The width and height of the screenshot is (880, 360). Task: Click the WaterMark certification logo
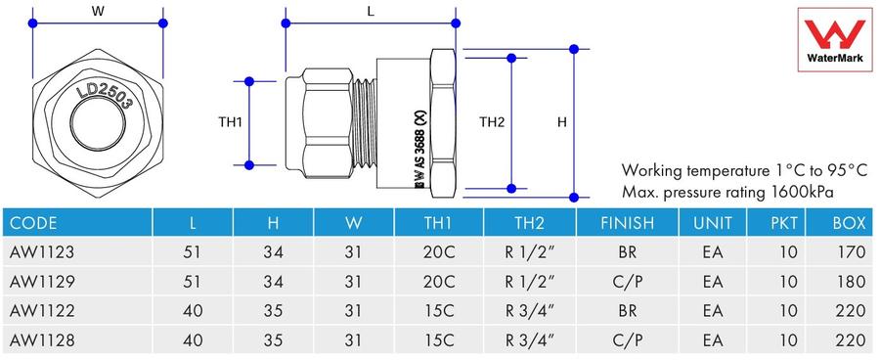pyautogui.click(x=835, y=39)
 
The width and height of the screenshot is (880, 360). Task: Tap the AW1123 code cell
pyautogui.click(x=42, y=252)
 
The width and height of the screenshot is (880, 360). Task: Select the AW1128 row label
pyautogui.click(x=42, y=340)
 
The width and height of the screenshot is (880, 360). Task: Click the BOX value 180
pyautogui.click(x=851, y=282)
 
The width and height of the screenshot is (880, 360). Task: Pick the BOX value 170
pyautogui.click(x=851, y=252)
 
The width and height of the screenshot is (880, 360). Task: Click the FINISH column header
pyautogui.click(x=628, y=223)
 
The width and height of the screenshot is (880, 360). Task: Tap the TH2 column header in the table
pyautogui.click(x=529, y=223)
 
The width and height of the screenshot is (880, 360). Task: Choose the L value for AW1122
pyautogui.click(x=193, y=310)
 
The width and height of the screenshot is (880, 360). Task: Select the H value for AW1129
pyautogui.click(x=274, y=282)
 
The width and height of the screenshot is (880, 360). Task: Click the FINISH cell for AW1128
pyautogui.click(x=628, y=340)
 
